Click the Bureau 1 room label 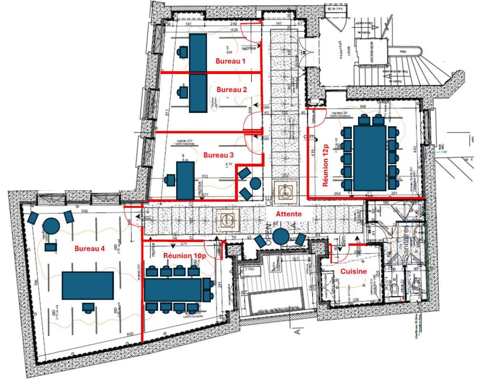(x=230, y=61)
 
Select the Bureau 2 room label (x=232, y=90)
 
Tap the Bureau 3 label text (x=218, y=155)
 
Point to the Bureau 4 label (x=90, y=248)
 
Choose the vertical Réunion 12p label (x=326, y=165)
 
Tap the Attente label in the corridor (x=289, y=214)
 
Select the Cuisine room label (x=353, y=271)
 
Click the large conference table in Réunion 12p (x=370, y=158)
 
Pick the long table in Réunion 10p (x=173, y=290)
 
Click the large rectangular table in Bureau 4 (x=88, y=286)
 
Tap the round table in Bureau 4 (x=51, y=226)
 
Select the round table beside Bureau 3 (x=255, y=183)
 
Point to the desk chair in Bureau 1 (x=182, y=51)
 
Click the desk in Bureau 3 (x=185, y=180)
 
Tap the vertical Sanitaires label (x=406, y=245)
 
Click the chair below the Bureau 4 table (x=88, y=307)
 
